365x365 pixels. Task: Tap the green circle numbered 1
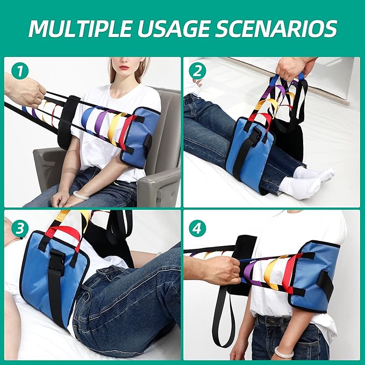click(20, 71)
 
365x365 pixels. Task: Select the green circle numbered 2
click(197, 71)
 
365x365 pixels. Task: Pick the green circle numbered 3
click(20, 228)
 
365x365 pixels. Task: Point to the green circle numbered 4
click(197, 228)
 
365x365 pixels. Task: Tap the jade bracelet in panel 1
click(81, 195)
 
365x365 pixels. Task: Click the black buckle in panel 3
click(58, 260)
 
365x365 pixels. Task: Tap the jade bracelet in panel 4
click(284, 352)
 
